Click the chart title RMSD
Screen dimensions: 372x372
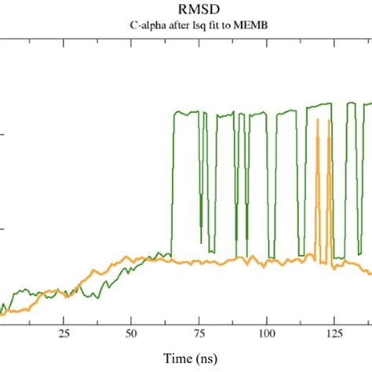[x=185, y=9]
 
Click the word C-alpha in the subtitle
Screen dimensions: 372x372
[x=148, y=25]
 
